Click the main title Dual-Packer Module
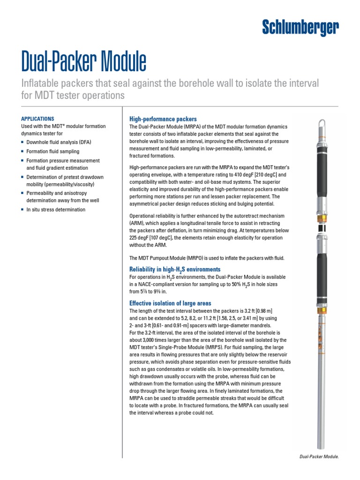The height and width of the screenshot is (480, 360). [84, 62]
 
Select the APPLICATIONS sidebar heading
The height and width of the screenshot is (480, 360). [38, 119]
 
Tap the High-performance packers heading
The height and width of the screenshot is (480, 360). [163, 119]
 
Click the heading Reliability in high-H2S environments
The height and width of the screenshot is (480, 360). [174, 270]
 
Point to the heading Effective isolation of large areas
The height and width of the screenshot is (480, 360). [170, 303]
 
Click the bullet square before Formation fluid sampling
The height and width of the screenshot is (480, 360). [22, 152]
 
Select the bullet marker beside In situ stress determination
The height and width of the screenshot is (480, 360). [22, 210]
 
